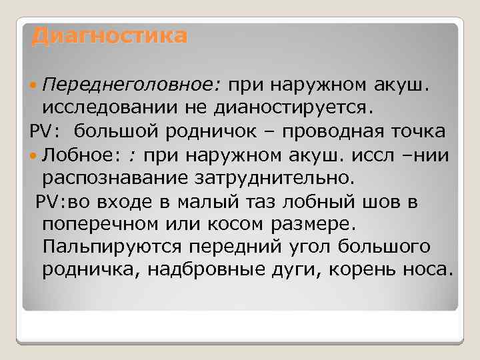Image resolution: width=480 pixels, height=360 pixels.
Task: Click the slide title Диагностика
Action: (109, 35)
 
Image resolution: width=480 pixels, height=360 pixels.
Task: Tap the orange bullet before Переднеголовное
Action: (35, 85)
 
